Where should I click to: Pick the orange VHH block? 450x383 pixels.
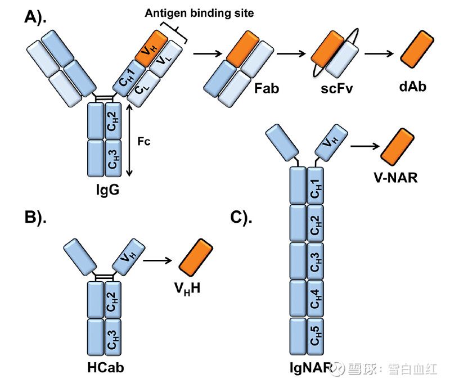(195, 258)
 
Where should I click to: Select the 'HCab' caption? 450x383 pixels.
(105, 368)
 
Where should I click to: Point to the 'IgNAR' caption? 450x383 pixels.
(307, 369)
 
